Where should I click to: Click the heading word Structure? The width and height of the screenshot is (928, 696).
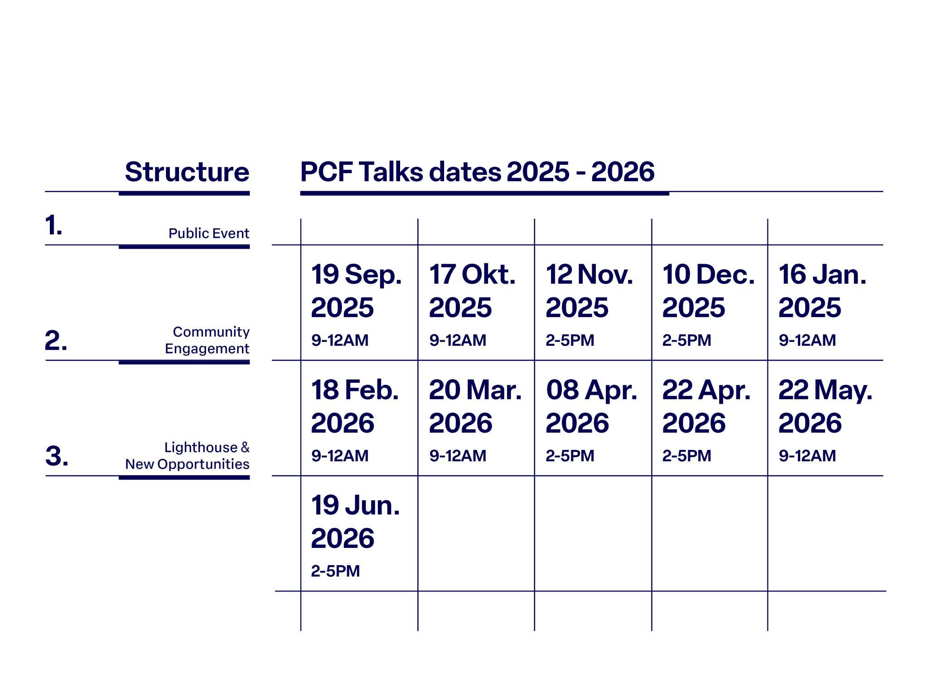point(187,172)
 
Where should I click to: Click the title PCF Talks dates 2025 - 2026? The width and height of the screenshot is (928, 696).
point(477,172)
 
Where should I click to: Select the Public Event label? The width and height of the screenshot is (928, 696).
point(209,233)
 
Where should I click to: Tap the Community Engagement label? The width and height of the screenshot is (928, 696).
point(207,340)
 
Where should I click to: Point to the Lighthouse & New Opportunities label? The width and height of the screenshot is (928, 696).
point(188,456)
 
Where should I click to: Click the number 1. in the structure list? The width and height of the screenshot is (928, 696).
point(53,226)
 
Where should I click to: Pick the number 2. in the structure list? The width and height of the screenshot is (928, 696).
point(56,341)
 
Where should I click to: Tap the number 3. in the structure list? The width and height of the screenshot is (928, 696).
point(57,456)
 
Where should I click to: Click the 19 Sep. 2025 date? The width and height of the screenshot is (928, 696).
point(356,291)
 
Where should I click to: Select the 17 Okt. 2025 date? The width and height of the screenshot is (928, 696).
point(472,291)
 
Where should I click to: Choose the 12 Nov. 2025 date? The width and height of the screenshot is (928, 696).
point(590,291)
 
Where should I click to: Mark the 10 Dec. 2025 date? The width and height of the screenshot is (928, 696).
point(709,291)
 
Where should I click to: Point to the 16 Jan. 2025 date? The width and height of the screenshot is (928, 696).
point(822,291)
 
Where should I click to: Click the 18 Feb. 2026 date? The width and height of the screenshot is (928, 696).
point(355,406)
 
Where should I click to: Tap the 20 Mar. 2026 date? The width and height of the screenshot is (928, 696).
point(475,406)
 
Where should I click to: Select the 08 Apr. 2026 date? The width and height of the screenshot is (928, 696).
point(591,406)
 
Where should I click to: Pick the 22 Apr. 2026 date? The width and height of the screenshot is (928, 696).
point(706,406)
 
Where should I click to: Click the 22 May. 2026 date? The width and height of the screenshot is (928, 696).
point(825,406)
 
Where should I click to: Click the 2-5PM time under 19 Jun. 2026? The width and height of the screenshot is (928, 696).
point(335,571)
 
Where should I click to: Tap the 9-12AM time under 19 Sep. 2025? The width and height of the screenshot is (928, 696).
point(340,340)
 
